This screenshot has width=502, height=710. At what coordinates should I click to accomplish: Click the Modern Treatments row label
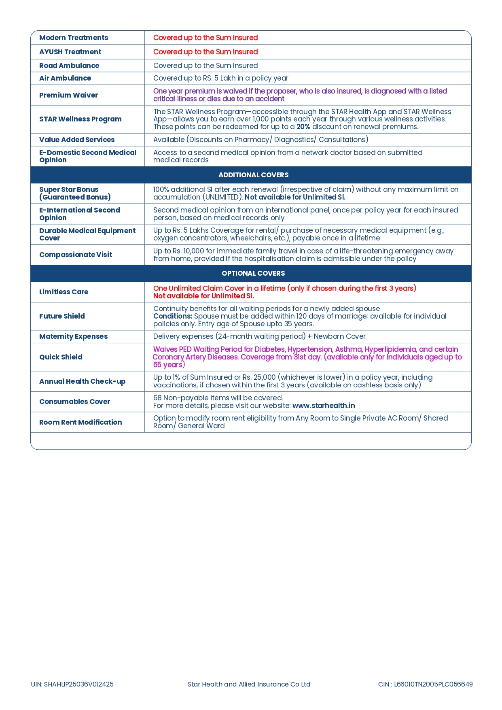click(74, 38)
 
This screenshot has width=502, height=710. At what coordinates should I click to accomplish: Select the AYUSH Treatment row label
click(70, 52)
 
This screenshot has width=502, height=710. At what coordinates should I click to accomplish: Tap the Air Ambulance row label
click(65, 78)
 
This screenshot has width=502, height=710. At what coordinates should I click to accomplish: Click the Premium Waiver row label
click(68, 95)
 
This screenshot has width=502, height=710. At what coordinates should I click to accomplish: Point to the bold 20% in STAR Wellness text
click(303, 127)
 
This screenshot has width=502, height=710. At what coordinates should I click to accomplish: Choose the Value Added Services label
click(77, 140)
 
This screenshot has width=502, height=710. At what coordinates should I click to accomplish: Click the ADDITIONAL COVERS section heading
click(253, 175)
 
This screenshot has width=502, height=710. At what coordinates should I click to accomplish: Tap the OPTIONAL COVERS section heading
click(253, 273)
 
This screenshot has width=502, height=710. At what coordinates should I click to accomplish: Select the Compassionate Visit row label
click(76, 255)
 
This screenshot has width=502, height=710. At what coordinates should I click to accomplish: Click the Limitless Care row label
click(64, 292)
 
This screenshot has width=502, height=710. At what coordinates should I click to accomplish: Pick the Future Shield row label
click(62, 316)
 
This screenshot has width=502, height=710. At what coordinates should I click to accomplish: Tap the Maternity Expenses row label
click(73, 336)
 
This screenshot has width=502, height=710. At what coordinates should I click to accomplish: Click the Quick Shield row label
click(61, 357)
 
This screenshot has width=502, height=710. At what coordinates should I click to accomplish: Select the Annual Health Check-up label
click(82, 381)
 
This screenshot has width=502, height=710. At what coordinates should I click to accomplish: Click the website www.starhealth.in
click(324, 406)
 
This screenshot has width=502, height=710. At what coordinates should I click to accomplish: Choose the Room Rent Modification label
click(80, 422)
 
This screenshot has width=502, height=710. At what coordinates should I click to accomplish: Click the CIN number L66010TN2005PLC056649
click(433, 684)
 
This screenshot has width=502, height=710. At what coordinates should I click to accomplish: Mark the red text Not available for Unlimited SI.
click(203, 296)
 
